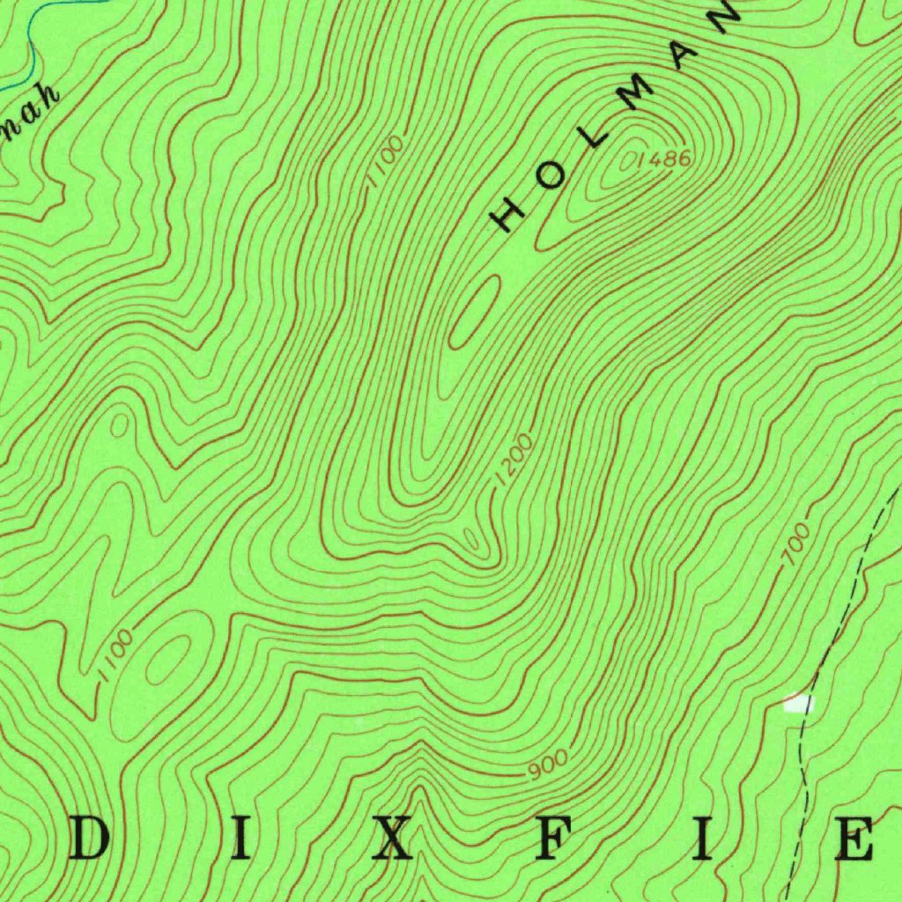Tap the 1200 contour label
pyautogui.click(x=514, y=459)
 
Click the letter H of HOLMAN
pyautogui.click(x=508, y=213)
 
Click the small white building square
pyautogui.click(x=799, y=703)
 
